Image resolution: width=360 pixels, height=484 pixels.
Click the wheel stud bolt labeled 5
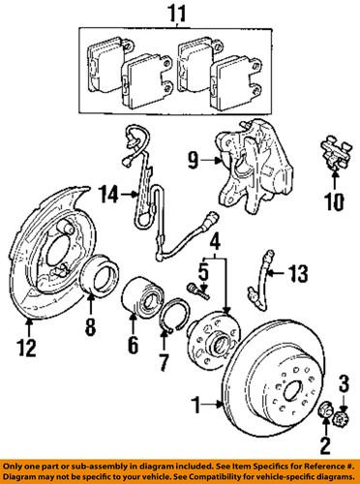199,287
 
